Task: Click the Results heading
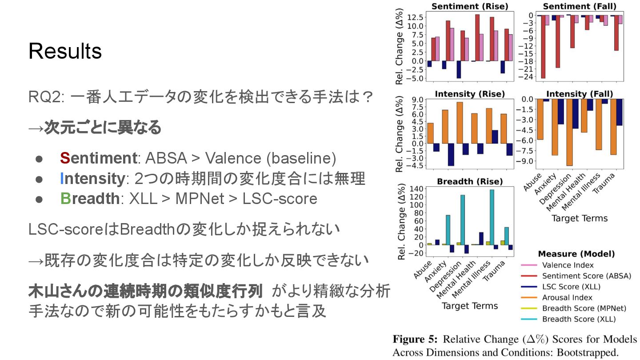click(65, 52)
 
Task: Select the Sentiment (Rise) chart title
click(470, 6)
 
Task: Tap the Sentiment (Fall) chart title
click(578, 6)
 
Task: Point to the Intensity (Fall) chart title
click(579, 94)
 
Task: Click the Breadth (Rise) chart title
click(470, 181)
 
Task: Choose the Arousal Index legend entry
click(567, 298)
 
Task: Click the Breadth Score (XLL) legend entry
click(579, 319)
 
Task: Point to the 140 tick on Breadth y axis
click(416, 188)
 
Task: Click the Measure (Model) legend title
click(576, 254)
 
